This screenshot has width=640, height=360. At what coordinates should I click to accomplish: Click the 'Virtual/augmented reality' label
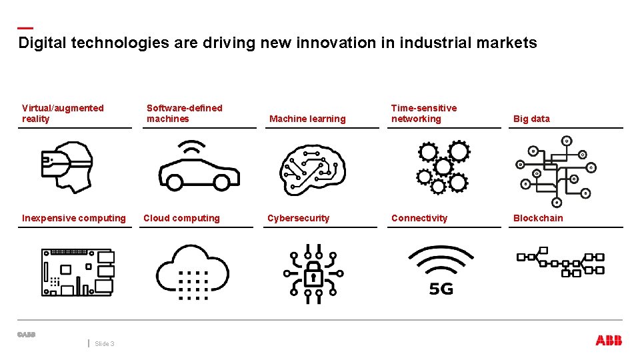tap(63, 113)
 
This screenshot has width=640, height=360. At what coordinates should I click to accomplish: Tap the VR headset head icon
tap(66, 167)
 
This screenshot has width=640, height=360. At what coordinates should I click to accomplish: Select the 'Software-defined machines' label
tap(185, 113)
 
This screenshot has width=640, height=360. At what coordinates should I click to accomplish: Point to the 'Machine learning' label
tap(307, 119)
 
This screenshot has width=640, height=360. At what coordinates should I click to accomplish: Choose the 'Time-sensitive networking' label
tap(424, 113)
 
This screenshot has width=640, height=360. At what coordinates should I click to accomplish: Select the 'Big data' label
tap(531, 119)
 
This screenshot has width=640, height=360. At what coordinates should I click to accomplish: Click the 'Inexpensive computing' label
tap(74, 218)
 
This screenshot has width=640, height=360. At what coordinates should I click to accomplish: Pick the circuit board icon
tap(77, 272)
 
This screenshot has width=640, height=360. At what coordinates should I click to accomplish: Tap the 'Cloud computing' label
tap(181, 218)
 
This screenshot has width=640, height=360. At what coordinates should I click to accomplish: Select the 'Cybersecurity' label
tap(298, 218)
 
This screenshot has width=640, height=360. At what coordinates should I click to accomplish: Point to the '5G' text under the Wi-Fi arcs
tap(441, 289)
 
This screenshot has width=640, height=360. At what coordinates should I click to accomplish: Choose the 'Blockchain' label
tap(538, 218)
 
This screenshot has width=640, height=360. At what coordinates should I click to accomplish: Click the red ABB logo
tap(609, 341)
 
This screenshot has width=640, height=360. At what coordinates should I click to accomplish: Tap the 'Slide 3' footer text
tap(105, 344)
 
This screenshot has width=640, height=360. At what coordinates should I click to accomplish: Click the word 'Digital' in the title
tap(43, 43)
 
